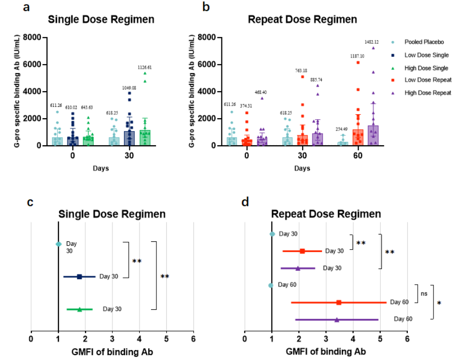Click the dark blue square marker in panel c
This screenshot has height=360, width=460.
(x=79, y=277)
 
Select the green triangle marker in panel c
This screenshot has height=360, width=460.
(x=80, y=309)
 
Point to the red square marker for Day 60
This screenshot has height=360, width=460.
(x=339, y=302)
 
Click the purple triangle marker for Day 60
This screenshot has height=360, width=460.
(x=337, y=320)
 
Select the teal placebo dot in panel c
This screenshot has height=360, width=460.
(x=59, y=244)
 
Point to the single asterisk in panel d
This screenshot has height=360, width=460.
(x=439, y=303)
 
